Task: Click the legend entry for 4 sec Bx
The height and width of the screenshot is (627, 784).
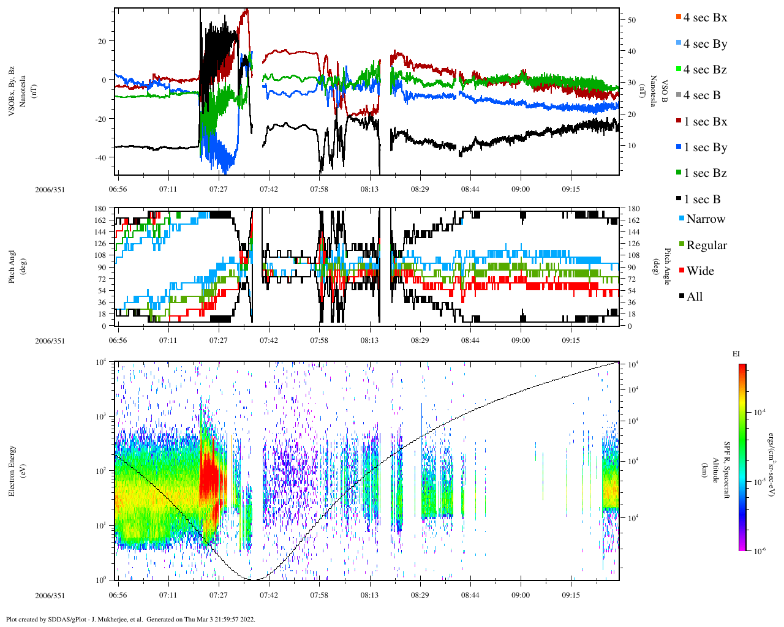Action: (704, 18)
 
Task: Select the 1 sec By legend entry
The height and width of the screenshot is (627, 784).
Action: (704, 148)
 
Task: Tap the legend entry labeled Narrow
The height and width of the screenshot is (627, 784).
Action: (705, 219)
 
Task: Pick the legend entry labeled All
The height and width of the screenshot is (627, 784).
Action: (694, 297)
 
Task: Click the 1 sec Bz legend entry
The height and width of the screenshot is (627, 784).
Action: (704, 173)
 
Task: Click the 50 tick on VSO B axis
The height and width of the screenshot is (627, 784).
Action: (631, 20)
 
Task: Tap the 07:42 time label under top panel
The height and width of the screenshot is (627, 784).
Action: (269, 189)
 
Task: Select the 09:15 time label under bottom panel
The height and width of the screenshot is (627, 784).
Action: (571, 595)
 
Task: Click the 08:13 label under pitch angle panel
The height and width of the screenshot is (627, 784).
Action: (369, 340)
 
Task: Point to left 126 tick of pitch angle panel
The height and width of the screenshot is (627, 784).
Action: (100, 244)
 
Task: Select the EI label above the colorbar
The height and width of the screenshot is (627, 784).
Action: (736, 354)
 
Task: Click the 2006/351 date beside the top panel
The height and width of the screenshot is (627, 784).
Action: (50, 189)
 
